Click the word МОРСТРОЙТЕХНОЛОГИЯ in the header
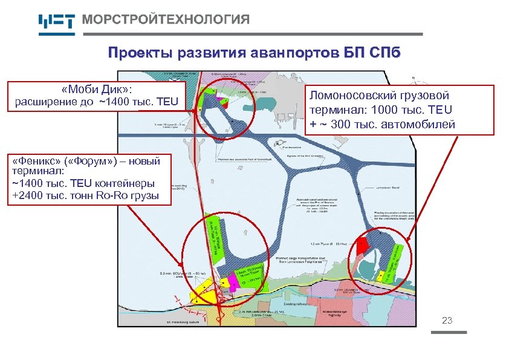pyautogui.click(x=165, y=19)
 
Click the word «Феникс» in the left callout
pyautogui.click(x=36, y=162)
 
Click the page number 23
pyautogui.click(x=447, y=320)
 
